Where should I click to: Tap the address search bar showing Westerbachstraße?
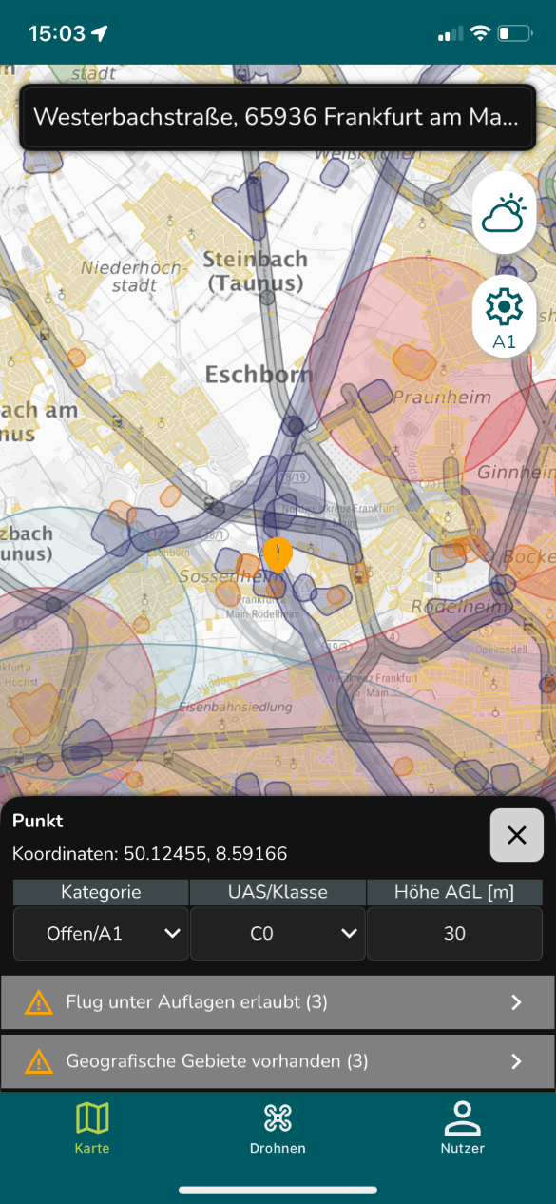pos(277,117)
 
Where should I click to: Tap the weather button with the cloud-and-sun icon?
pos(504,213)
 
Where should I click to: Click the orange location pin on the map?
pos(278,554)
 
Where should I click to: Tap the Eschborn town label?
pos(259,374)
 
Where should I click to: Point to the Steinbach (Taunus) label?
pos(256,271)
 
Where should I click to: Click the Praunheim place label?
pos(442,397)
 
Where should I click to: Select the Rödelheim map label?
pos(454,606)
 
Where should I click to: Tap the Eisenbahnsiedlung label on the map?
pos(238,707)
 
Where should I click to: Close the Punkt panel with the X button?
pos(516,835)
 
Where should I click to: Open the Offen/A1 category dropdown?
pos(101,933)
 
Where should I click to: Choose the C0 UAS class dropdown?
pos(278,933)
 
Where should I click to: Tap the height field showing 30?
pos(454,933)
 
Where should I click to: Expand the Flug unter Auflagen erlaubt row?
pos(277,1002)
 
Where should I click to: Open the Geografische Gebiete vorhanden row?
pos(277,1061)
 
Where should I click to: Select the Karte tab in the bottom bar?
pos(92,1128)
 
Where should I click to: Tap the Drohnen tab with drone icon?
pos(278,1128)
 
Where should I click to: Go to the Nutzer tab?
pos(463,1128)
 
